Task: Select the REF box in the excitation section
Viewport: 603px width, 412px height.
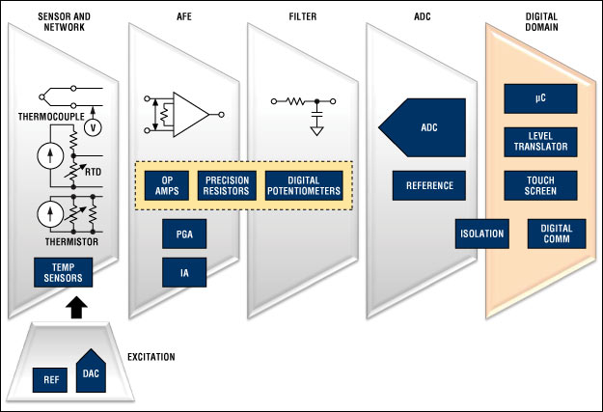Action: click(x=49, y=379)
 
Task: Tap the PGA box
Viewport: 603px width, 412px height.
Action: click(x=183, y=233)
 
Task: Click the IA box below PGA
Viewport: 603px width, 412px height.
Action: click(x=183, y=272)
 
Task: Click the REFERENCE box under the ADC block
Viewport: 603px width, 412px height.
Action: click(x=429, y=184)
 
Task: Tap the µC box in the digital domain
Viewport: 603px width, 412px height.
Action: click(x=540, y=97)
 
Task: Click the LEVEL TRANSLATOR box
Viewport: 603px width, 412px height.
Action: click(x=540, y=142)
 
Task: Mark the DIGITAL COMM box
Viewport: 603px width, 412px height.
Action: click(x=556, y=233)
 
